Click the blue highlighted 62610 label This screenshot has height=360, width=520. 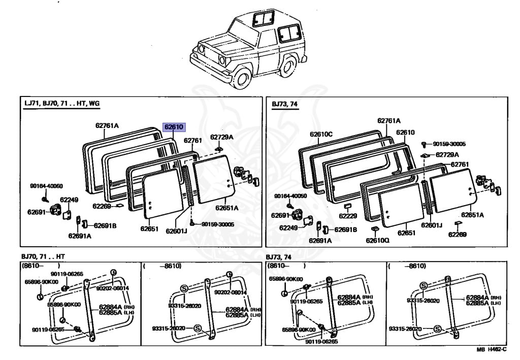coord(173,127)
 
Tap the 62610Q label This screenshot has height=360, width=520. coord(377,240)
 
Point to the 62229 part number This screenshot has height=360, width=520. coord(348,216)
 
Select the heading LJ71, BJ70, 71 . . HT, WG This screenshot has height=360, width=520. coord(62,104)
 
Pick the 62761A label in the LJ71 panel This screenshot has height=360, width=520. coord(107,125)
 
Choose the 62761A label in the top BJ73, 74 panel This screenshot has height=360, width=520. coord(388,121)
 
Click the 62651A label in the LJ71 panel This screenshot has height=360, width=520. coord(226,208)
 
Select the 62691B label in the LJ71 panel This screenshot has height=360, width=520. coord(105,225)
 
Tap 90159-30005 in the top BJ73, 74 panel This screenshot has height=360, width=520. coord(449,144)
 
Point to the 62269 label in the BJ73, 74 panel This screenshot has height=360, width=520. coord(457,234)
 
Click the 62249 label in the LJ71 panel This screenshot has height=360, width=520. coord(69,200)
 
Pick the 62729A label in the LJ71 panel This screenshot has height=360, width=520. coord(221,137)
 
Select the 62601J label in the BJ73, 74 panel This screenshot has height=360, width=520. coord(432,225)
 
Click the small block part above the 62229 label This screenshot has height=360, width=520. coord(348,207)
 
